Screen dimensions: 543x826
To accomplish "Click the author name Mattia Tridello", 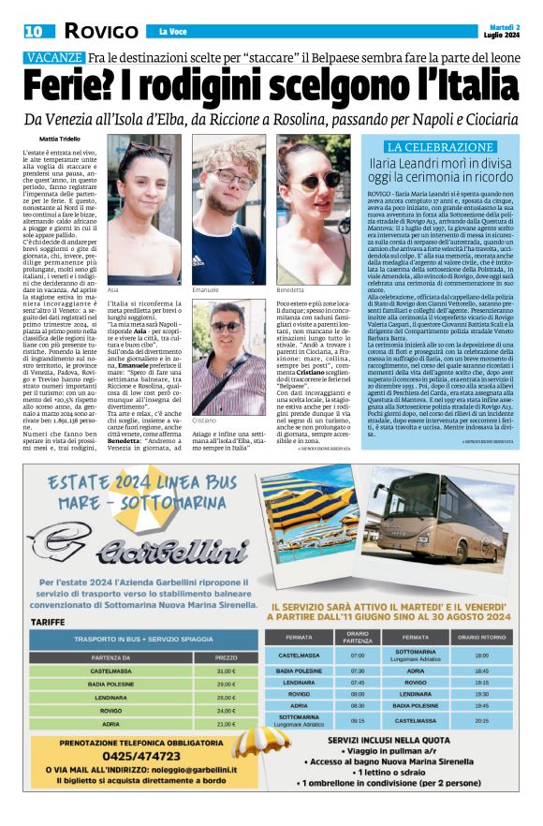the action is click(53, 139).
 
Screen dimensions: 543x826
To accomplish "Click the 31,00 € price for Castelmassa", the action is click(227, 671).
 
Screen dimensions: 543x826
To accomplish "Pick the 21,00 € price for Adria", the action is click(227, 723).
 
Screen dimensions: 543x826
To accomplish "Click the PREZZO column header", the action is click(227, 656).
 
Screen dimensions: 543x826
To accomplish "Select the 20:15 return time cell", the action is click(481, 721).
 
